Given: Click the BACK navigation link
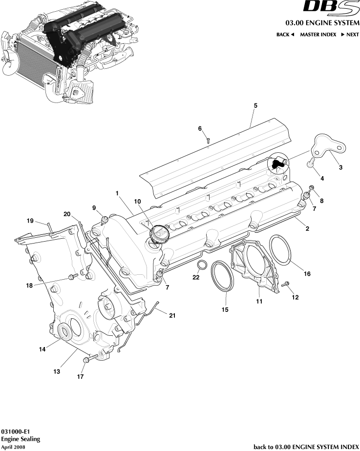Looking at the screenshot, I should (285, 35).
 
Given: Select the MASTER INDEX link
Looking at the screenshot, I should (318, 35).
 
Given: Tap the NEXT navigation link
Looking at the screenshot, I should (350, 35).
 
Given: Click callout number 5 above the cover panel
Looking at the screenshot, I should (255, 105).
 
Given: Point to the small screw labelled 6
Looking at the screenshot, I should (207, 140).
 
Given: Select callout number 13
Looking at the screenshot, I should (57, 371).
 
